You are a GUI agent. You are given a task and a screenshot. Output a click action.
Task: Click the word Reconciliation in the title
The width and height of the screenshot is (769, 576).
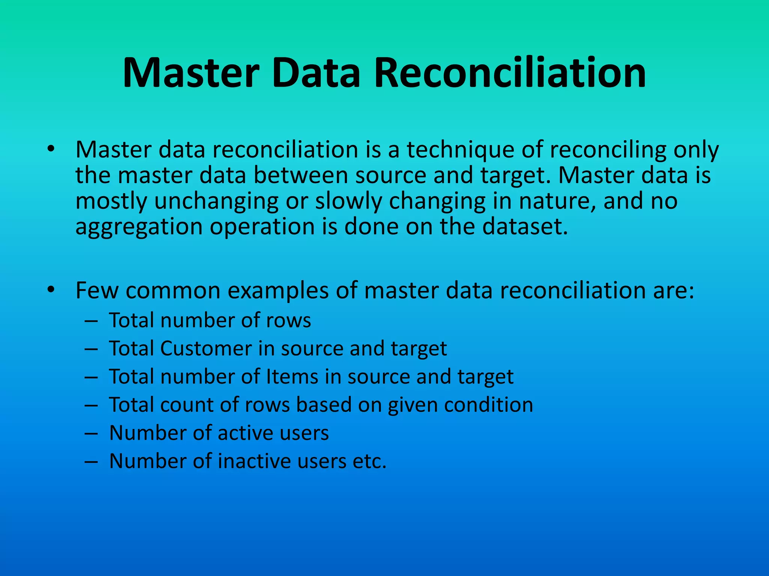click(510, 73)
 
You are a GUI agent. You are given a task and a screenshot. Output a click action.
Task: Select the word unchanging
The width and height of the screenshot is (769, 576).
click(216, 201)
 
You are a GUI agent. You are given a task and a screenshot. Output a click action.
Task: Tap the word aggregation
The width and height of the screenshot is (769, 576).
click(139, 227)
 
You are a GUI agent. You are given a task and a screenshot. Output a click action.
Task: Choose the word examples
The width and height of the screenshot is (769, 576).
click(278, 291)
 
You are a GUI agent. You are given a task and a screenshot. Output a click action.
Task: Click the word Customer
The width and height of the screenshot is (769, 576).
click(206, 349)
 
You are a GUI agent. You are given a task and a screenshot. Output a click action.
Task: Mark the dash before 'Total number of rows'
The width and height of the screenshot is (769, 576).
click(91, 321)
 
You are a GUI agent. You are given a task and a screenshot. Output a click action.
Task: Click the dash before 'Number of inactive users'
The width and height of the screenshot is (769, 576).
click(91, 462)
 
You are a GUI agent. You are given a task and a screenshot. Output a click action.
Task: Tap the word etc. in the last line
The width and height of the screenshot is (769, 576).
click(369, 461)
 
